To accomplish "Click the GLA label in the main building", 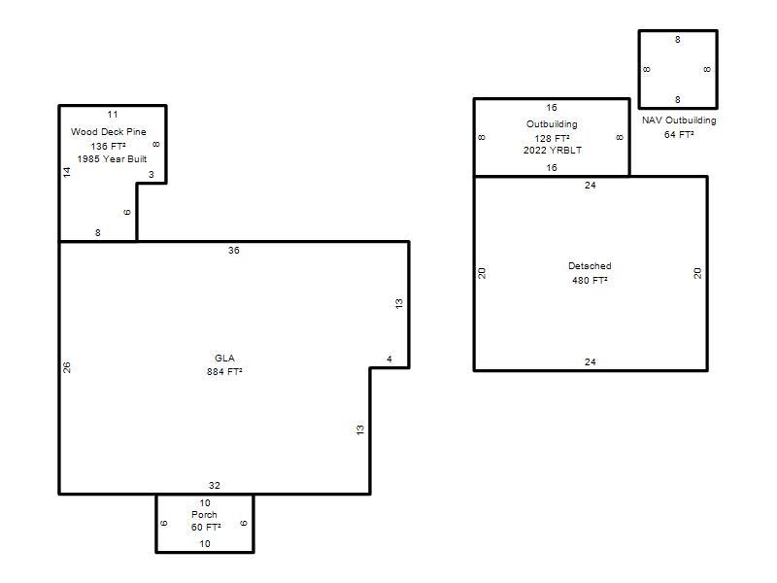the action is (x=224, y=358).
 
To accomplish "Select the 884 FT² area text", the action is (x=224, y=372).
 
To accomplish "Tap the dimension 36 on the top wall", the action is (x=234, y=251).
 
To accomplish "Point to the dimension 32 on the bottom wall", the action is (x=214, y=485).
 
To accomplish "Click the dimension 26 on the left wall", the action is (x=67, y=367).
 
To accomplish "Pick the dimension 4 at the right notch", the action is (x=389, y=359).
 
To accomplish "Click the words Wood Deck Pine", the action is (x=109, y=132).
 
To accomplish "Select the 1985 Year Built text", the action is (x=112, y=159).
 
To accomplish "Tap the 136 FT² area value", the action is (x=108, y=147).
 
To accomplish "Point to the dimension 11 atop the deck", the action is (x=113, y=115).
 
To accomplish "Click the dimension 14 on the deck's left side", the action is (x=67, y=172).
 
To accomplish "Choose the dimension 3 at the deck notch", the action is (x=152, y=175).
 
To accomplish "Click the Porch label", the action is (x=204, y=515).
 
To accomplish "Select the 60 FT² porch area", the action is (x=206, y=527).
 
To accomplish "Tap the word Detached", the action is (x=590, y=265).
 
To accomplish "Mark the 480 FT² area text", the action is (x=590, y=280).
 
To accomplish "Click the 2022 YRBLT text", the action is (x=553, y=151).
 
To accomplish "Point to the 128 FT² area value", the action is (x=552, y=138).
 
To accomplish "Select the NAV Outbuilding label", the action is (x=679, y=120).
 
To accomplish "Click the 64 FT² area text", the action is (x=679, y=134).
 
